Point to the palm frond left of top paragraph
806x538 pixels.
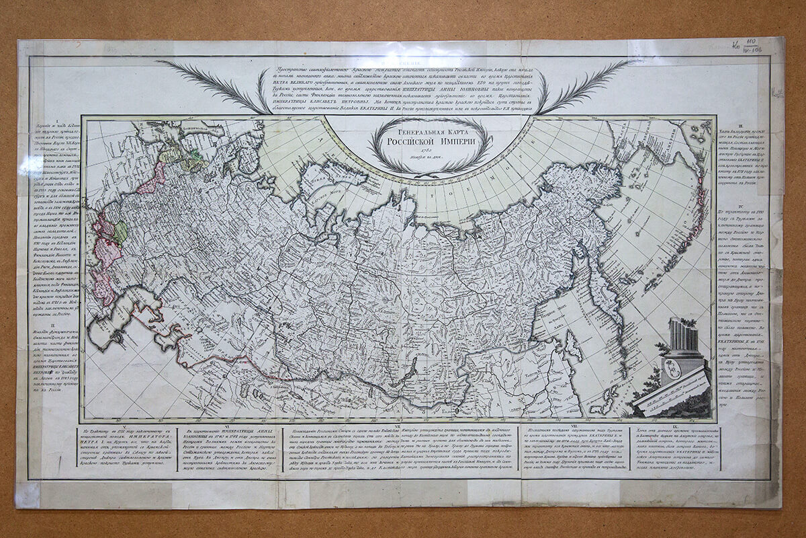pyautogui.click(x=215, y=84)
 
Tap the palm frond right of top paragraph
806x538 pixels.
pyautogui.click(x=584, y=84)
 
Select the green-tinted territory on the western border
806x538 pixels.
pyautogui.click(x=120, y=233)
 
